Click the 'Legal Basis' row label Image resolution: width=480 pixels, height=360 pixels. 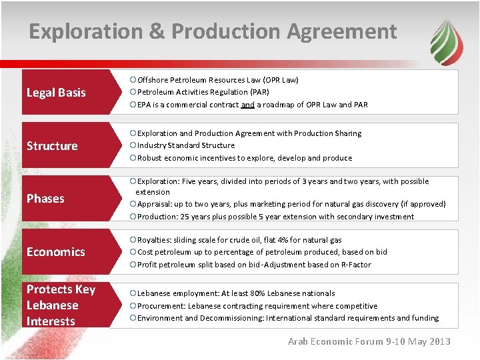click(x=56, y=93)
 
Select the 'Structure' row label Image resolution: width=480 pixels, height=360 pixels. click(x=52, y=145)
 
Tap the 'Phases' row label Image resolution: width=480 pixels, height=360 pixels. click(x=45, y=199)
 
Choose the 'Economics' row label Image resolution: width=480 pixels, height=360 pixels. click(x=56, y=252)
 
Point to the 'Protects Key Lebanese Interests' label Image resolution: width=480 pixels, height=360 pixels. click(x=60, y=305)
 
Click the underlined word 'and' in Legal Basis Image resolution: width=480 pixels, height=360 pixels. click(x=248, y=105)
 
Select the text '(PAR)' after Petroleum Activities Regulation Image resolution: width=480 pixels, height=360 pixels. click(x=259, y=92)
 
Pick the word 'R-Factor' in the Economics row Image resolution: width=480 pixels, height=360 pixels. click(x=355, y=265)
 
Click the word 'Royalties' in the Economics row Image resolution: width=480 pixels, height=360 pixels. click(x=155, y=240)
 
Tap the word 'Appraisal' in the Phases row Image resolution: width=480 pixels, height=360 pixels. click(x=155, y=204)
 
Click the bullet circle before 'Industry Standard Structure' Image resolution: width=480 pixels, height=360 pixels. click(x=133, y=145)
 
